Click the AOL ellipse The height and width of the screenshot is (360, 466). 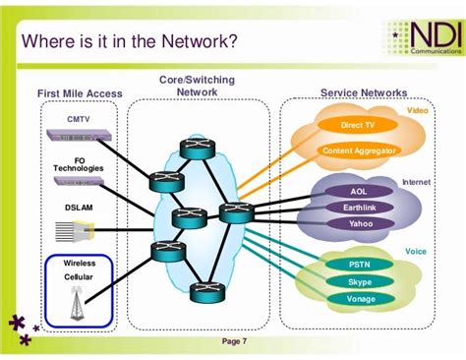[358, 192]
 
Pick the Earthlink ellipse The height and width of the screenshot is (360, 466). [358, 208]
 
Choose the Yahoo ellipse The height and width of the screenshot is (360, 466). [358, 223]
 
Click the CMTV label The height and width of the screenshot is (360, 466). [79, 119]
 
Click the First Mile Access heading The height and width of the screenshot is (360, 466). [81, 93]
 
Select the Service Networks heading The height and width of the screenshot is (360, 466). [363, 92]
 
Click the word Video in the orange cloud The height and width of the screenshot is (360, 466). [418, 111]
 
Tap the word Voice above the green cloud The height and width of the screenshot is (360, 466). [416, 252]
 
